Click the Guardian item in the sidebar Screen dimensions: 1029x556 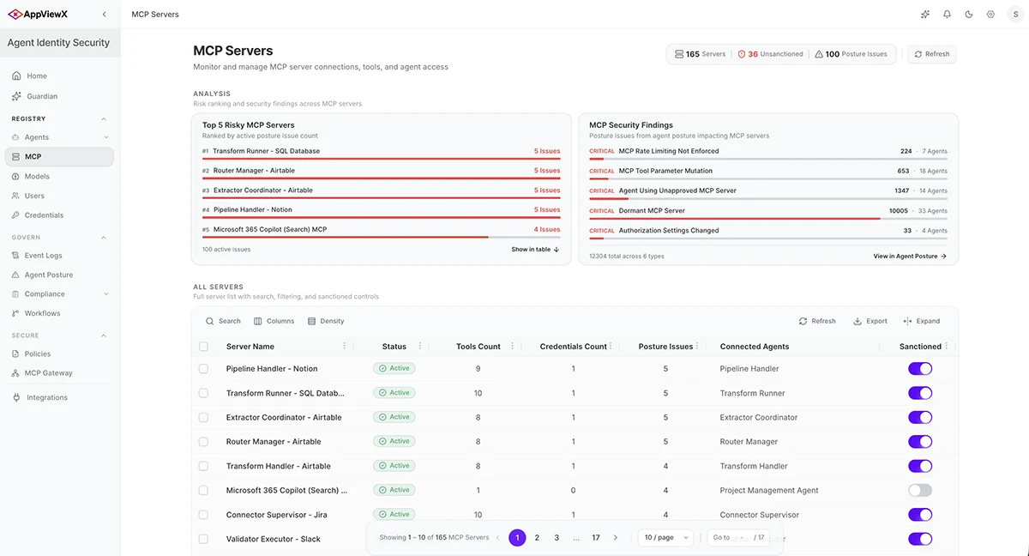(x=42, y=96)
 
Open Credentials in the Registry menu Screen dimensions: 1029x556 (x=44, y=215)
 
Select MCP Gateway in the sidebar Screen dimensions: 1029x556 (x=48, y=372)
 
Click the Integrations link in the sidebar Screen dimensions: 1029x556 (x=47, y=397)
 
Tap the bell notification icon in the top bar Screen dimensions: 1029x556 (x=947, y=15)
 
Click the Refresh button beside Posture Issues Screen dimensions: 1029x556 (x=931, y=54)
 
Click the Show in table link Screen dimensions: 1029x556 (x=535, y=250)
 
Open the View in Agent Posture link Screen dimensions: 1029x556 (x=910, y=257)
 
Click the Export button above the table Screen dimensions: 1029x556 (x=870, y=321)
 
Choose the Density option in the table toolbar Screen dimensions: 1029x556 (x=326, y=321)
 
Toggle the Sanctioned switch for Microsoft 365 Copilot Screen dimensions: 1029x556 (x=919, y=490)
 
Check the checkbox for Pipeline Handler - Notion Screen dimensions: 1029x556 (x=203, y=369)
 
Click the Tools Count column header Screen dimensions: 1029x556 (x=478, y=347)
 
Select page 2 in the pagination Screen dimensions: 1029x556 (x=537, y=538)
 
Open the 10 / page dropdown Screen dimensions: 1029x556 (x=665, y=538)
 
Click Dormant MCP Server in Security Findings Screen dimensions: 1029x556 (x=652, y=211)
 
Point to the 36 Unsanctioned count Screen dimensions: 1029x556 (x=770, y=54)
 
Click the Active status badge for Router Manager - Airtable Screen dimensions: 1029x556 (x=394, y=442)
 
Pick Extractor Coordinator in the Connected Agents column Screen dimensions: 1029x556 (x=758, y=417)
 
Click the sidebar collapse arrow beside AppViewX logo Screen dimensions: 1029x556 (x=105, y=15)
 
